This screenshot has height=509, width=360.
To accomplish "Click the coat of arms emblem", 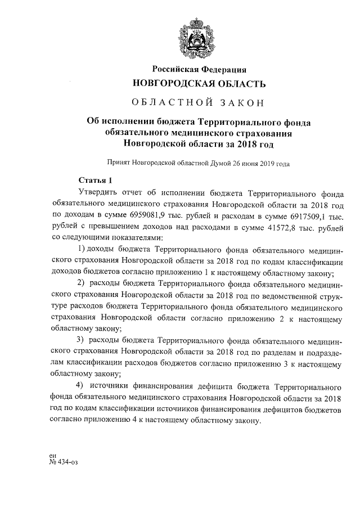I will coord(197,36).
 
